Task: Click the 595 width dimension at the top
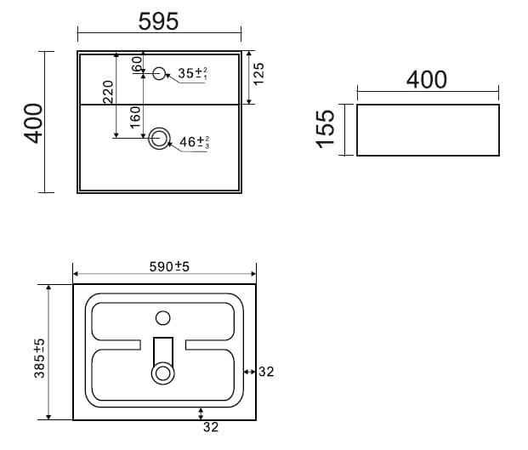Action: [158, 21]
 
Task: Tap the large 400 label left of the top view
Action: [33, 123]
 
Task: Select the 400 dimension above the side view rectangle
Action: [427, 80]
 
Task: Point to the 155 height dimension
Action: [326, 129]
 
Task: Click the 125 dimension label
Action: [258, 74]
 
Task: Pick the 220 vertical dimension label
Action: [108, 92]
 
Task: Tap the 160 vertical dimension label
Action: [134, 117]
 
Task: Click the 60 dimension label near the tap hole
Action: [136, 64]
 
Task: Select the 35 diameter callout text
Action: [193, 73]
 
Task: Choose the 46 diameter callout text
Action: [195, 142]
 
